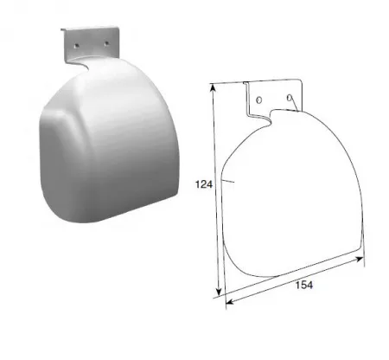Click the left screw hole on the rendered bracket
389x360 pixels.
point(77,46)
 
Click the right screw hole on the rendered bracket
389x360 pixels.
point(106,43)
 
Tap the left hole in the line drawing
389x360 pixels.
point(259,100)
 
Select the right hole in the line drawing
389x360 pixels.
point(290,98)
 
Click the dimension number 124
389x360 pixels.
point(204,184)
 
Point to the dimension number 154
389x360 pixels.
point(304,285)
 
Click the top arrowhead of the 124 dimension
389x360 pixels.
point(214,87)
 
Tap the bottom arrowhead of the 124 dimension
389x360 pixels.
point(219,290)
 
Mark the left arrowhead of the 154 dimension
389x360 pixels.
point(230,302)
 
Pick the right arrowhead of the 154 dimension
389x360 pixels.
point(359,259)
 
